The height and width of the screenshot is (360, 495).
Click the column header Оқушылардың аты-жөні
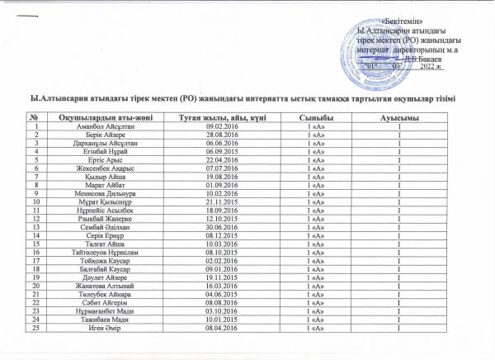101,118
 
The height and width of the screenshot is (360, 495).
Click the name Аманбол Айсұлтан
102,126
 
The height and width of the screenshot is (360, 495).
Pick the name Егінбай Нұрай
102,153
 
